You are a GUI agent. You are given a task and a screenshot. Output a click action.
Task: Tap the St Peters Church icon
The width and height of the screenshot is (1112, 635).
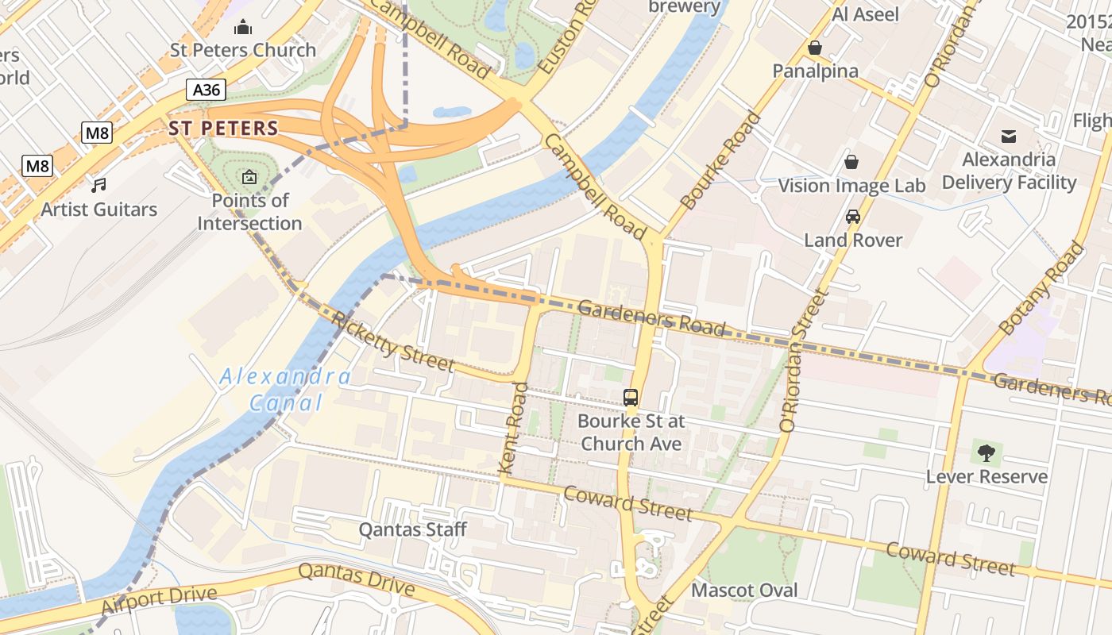(x=243, y=29)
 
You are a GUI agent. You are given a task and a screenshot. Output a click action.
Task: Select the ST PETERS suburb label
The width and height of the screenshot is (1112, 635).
(x=223, y=128)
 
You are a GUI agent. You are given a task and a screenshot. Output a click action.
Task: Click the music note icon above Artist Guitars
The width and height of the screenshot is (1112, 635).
(x=98, y=186)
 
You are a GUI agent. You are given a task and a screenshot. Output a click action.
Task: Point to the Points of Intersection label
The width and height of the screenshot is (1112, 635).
(x=249, y=212)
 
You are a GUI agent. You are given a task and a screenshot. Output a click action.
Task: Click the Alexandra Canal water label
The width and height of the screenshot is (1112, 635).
(x=285, y=389)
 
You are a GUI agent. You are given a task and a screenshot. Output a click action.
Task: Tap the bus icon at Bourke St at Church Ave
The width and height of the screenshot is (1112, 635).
(x=631, y=398)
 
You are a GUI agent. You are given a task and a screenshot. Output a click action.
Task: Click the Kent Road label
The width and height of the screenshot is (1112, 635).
(x=514, y=429)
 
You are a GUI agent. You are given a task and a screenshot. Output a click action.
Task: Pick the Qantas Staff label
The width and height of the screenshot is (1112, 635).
(x=412, y=529)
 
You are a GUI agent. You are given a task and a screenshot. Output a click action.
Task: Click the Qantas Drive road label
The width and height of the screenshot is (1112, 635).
(x=357, y=580)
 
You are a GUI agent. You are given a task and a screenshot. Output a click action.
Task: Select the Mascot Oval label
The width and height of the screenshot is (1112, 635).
(x=744, y=591)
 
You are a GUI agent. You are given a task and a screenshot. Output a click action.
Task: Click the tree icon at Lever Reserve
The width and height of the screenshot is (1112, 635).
(x=986, y=454)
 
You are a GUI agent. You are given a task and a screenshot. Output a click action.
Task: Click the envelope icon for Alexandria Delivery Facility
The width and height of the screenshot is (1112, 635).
(x=1009, y=137)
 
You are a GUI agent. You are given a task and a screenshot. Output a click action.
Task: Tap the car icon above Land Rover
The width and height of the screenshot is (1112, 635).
(x=853, y=217)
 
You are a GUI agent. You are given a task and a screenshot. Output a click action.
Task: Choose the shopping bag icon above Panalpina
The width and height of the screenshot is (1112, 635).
(x=814, y=48)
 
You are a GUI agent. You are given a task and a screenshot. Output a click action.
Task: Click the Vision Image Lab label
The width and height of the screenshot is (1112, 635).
(x=851, y=186)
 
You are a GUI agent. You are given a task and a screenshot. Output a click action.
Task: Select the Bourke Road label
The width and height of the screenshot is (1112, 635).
(x=720, y=161)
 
